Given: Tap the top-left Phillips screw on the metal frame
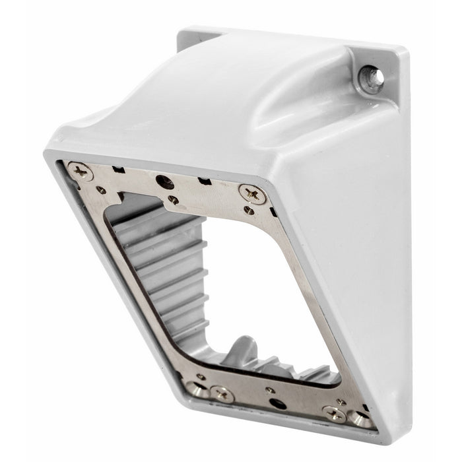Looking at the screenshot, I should point(81,172).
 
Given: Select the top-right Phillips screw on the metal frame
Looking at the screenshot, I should point(253,193).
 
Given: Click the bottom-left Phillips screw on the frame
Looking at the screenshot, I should point(221,394).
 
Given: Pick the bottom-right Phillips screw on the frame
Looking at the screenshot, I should point(333,413).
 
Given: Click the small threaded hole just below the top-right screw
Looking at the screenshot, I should point(248,211).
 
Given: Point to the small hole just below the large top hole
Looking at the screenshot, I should point(172,199).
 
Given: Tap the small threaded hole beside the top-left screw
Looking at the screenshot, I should point(101,190).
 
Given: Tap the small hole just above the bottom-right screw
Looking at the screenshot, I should point(341,401).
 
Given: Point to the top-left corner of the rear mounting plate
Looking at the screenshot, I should point(184,31).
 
